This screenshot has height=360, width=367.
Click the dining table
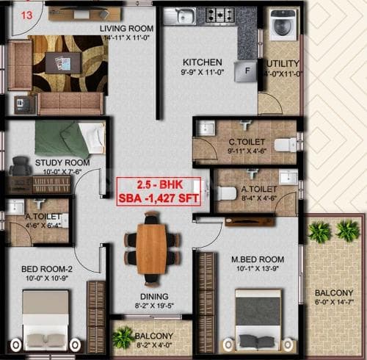(152, 240)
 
